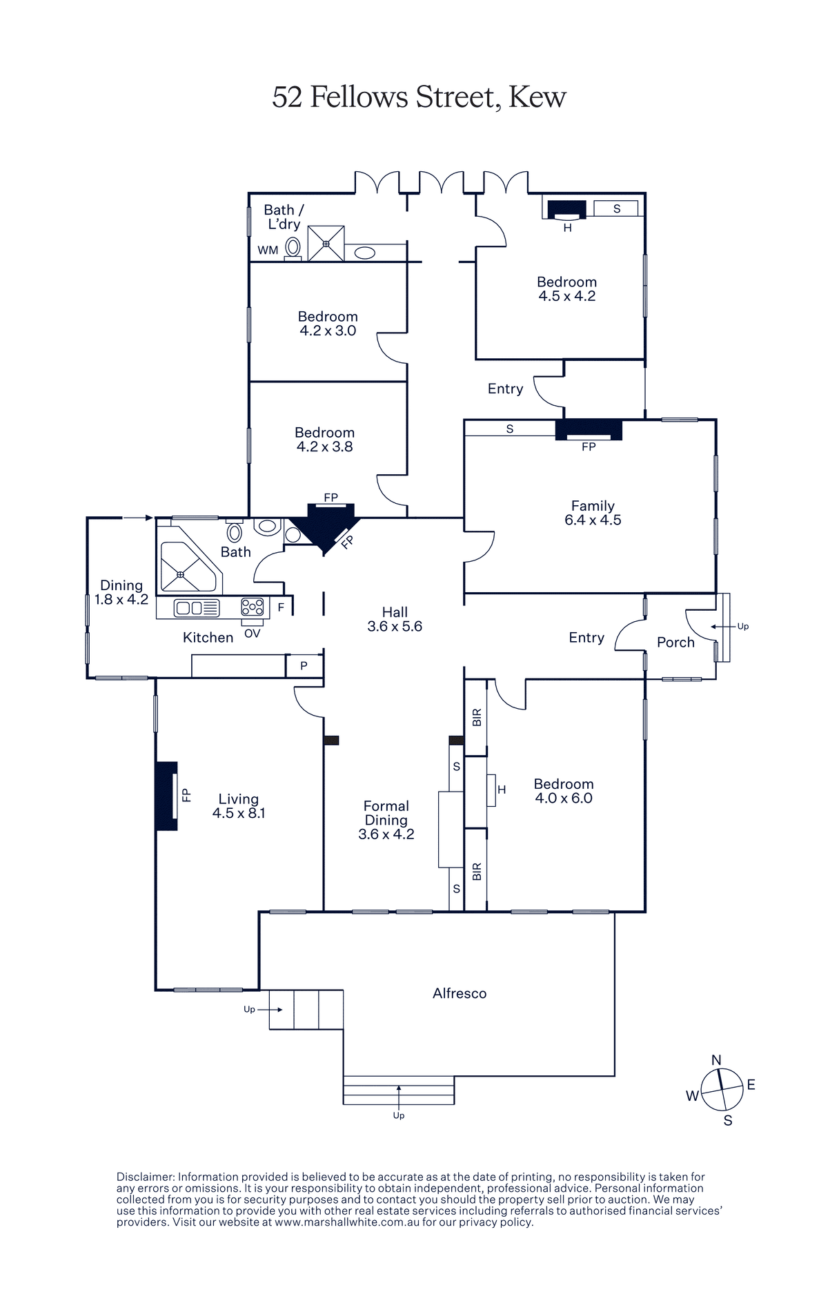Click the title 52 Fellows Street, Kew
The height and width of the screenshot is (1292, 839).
pos(419,97)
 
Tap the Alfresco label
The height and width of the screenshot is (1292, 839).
pos(460,993)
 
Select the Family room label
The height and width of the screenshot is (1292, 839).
pos(593,513)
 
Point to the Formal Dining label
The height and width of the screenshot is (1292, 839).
pos(386,820)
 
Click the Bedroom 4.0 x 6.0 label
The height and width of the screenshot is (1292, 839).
pos(564,791)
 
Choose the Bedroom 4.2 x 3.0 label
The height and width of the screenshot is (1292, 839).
pos(328,323)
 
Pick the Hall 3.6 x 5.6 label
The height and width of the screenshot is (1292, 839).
pos(395,619)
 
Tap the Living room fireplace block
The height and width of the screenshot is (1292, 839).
pos(167,796)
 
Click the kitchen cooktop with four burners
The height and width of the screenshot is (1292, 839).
pos(253,607)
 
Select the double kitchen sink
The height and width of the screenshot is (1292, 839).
pos(197,607)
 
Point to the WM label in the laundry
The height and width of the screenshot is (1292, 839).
pos(268,250)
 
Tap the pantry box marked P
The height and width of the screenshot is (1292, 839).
pos(304,666)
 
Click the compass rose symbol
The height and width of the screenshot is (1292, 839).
pos(721,1090)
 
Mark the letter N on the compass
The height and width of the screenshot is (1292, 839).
pos(716,1060)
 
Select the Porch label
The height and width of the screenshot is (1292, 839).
pos(675,642)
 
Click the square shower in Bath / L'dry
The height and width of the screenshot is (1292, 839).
pos(326,243)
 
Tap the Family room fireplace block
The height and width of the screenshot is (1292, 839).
pos(589,429)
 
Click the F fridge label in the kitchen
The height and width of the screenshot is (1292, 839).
pos(281,607)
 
